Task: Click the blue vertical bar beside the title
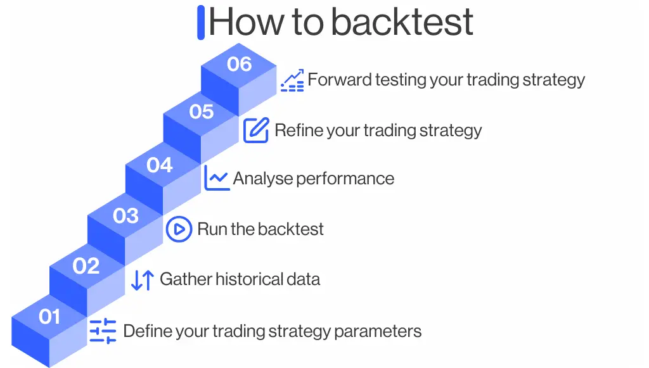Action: [x=201, y=22]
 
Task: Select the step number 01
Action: [x=49, y=316]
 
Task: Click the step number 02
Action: [x=86, y=265]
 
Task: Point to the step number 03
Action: [x=125, y=215]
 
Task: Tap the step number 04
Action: [x=160, y=165]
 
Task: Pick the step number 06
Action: [x=239, y=64]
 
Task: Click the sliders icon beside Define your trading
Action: [x=103, y=331]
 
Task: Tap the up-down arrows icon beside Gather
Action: [x=143, y=279]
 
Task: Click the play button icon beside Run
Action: [x=179, y=229]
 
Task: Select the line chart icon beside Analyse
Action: [x=216, y=178]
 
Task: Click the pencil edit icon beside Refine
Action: [x=256, y=130]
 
